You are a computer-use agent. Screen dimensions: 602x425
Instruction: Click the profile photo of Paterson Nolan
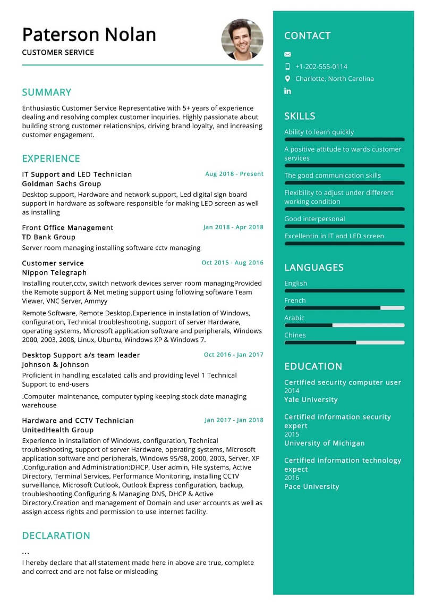tap(242, 40)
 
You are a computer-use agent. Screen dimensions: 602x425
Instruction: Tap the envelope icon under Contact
tap(287, 54)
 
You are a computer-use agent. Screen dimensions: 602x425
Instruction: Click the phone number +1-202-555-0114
tap(321, 66)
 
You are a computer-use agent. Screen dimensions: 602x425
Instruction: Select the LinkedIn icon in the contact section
tap(287, 91)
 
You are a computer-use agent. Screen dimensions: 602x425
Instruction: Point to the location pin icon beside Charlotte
tap(287, 79)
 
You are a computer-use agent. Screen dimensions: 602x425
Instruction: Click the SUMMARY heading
tap(47, 93)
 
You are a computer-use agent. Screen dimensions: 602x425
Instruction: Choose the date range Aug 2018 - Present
tap(234, 174)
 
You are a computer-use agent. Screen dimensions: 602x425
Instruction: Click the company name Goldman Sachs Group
tap(61, 184)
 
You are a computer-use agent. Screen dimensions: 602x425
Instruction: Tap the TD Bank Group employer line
tap(49, 237)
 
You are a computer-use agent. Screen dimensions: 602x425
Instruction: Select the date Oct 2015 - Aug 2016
tap(232, 263)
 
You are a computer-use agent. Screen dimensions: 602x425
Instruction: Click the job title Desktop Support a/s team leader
tap(81, 355)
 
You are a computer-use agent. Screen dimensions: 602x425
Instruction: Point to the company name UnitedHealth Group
tap(57, 430)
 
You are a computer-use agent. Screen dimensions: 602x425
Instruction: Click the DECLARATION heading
tap(56, 536)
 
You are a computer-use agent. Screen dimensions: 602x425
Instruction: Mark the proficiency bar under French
tap(344, 308)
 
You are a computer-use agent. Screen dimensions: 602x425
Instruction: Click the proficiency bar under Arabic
tap(344, 325)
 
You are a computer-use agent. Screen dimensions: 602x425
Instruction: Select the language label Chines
tap(295, 335)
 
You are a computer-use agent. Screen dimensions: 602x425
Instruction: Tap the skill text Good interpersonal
tap(314, 219)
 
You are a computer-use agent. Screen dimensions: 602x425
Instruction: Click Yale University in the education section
tap(311, 400)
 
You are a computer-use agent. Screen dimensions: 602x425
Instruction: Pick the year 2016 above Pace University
tap(292, 478)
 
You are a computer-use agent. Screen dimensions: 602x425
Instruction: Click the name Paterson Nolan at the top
tap(89, 35)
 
